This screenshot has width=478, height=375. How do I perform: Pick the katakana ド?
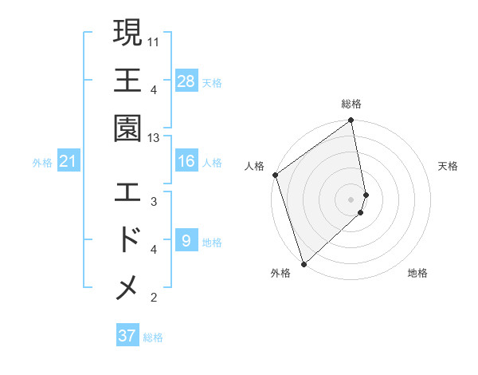(128, 239)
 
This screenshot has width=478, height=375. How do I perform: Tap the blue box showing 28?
(186, 81)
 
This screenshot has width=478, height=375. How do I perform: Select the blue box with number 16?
(186, 162)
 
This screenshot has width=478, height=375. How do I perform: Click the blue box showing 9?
(186, 241)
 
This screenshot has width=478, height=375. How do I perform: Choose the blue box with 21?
(69, 162)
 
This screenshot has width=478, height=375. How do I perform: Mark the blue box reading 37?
(127, 336)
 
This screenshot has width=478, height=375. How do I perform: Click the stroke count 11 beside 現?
(154, 40)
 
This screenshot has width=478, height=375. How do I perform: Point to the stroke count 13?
(154, 138)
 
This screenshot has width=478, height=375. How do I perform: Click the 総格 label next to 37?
(153, 337)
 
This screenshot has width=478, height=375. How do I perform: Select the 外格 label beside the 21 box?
(42, 163)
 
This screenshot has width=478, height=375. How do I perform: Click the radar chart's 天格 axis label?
(448, 166)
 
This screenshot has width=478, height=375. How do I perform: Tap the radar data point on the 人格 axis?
(275, 176)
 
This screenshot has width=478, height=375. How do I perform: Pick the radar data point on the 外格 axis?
(304, 262)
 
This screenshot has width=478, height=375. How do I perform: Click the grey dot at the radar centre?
(351, 199)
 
